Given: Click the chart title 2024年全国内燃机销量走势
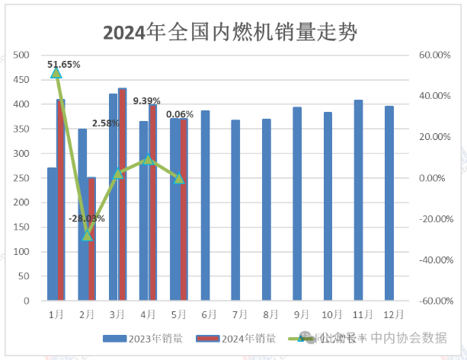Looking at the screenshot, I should (x=233, y=33).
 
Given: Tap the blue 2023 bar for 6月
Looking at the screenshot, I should (x=205, y=205).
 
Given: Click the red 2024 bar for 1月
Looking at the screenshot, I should (x=60, y=199).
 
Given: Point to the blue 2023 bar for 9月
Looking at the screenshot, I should (x=297, y=203).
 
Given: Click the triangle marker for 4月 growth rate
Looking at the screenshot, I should (x=149, y=160).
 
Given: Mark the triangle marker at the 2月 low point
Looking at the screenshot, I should (x=87, y=235).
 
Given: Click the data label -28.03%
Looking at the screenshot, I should (x=87, y=218).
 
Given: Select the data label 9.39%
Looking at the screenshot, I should (x=146, y=100).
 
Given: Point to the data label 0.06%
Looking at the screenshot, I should (x=180, y=113).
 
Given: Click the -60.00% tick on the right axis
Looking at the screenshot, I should (x=430, y=301).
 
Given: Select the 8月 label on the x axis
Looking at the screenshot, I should (x=267, y=314).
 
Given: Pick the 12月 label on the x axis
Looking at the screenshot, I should (x=389, y=314).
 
